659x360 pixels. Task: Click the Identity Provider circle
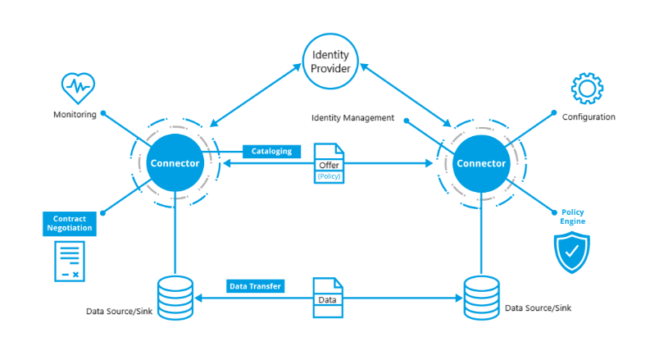(x=330, y=62)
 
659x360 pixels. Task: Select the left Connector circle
(x=174, y=162)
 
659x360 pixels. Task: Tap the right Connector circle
(x=481, y=162)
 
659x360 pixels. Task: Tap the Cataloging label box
(x=271, y=151)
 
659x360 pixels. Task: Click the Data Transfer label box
(x=255, y=286)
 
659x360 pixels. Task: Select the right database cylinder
(x=481, y=297)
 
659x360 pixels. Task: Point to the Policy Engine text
(x=572, y=217)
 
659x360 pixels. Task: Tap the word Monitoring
(x=75, y=116)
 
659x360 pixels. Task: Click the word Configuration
(x=589, y=117)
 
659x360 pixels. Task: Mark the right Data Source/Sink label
(x=538, y=308)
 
